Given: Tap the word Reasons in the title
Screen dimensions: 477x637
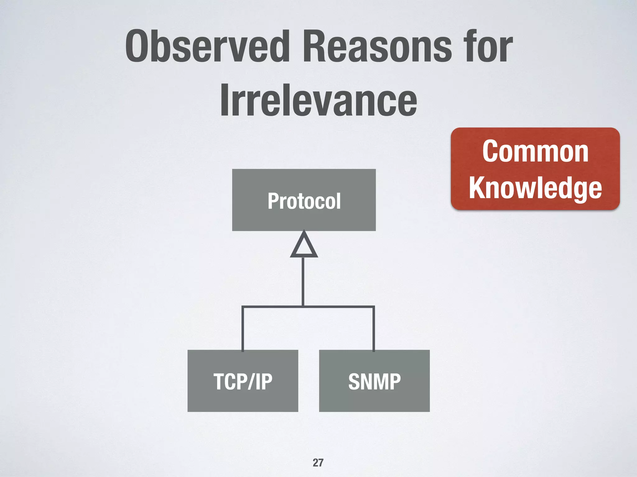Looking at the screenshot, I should click(377, 47).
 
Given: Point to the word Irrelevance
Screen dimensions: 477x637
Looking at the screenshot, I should click(318, 100).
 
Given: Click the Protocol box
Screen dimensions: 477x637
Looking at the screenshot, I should click(304, 200).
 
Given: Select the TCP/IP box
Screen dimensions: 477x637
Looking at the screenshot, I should click(243, 381).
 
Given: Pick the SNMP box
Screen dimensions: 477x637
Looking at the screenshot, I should click(374, 381).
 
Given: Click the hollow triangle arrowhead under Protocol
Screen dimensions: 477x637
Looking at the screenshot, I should click(304, 246).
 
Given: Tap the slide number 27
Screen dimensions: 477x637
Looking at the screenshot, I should click(318, 462).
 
